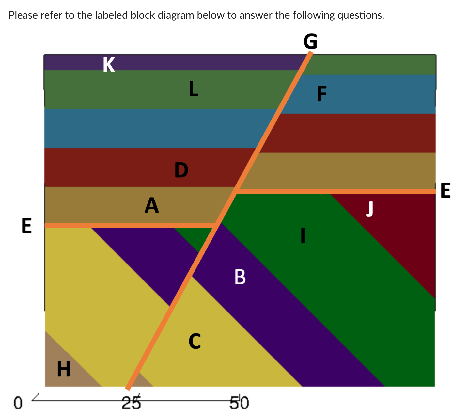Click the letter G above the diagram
click(x=310, y=41)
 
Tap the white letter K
click(x=109, y=65)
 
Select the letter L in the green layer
click(x=194, y=89)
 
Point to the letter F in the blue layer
click(x=321, y=94)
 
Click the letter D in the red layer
click(x=181, y=170)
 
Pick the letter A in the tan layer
click(x=151, y=205)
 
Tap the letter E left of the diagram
click(x=27, y=226)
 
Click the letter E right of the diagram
click(x=445, y=190)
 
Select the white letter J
click(x=369, y=209)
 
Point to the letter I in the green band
click(x=303, y=235)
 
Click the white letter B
click(x=240, y=277)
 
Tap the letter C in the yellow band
click(x=195, y=341)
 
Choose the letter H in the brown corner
click(x=64, y=369)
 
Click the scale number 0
click(x=18, y=403)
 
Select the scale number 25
click(x=131, y=402)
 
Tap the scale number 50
click(x=240, y=402)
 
